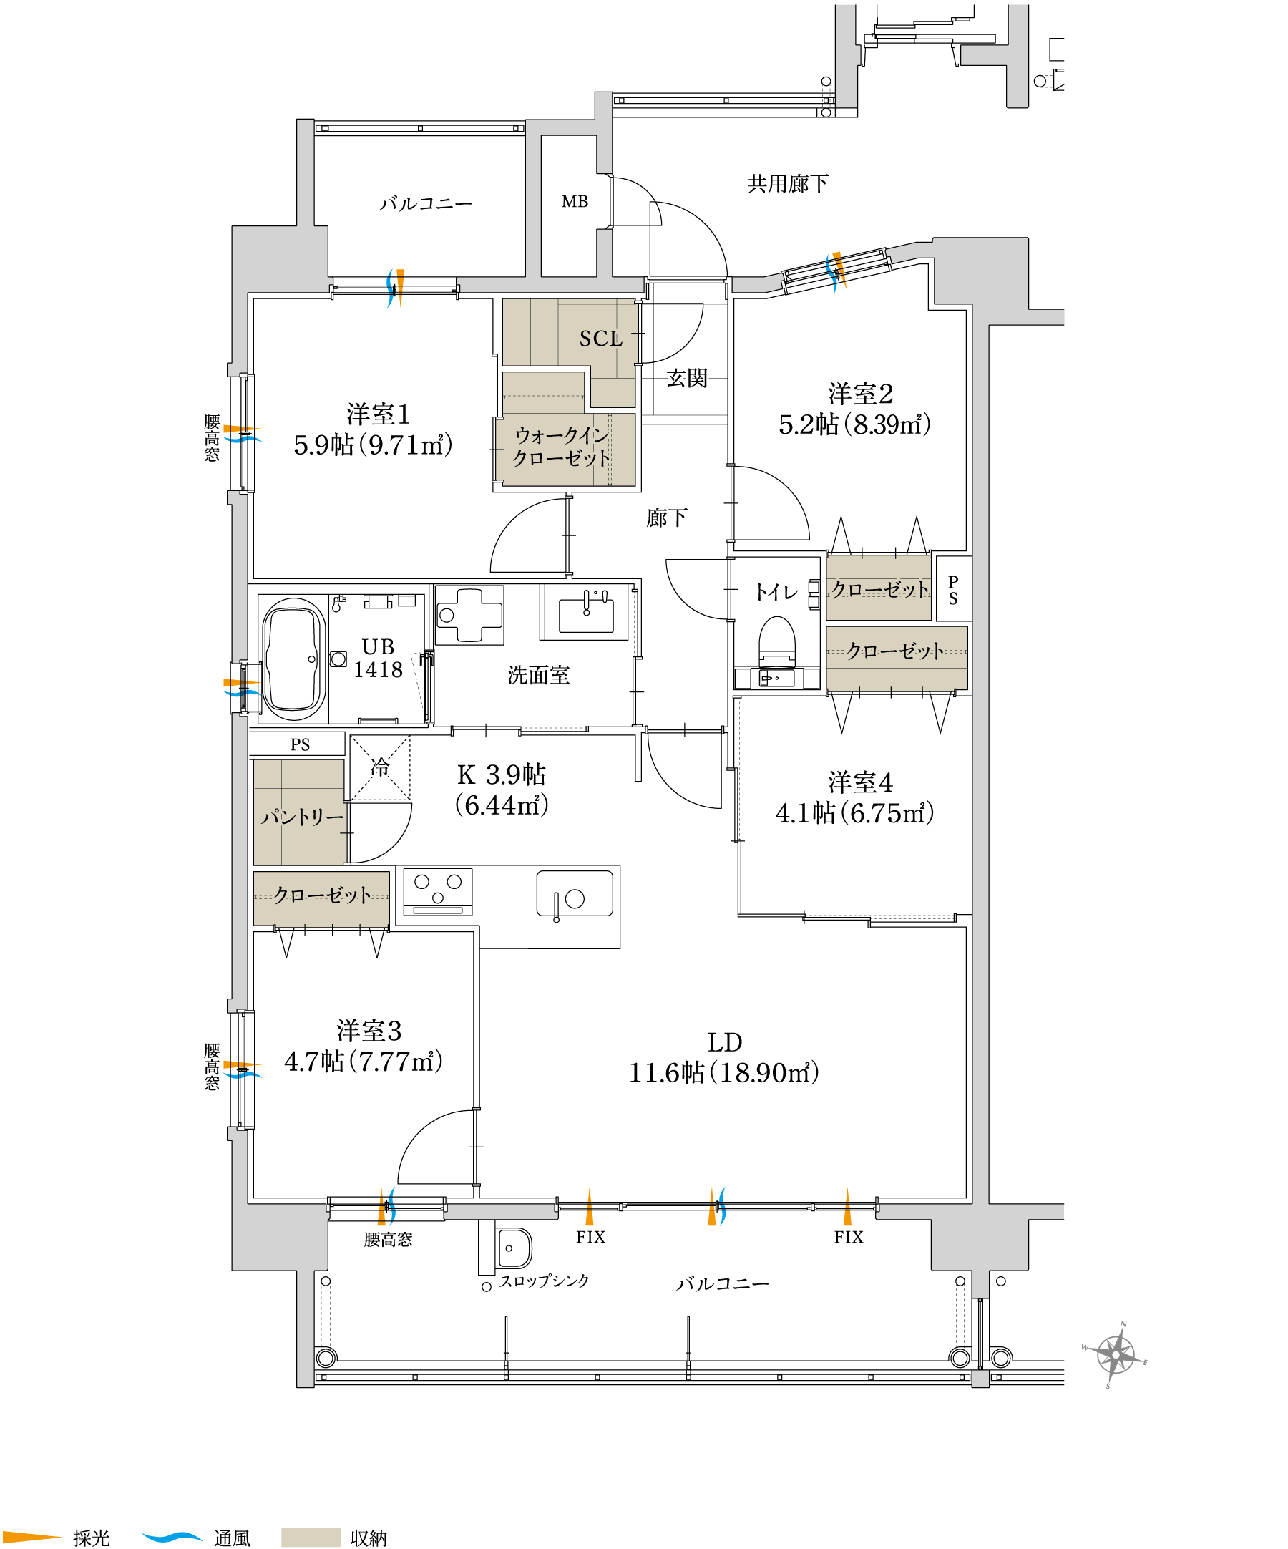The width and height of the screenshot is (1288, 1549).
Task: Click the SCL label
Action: [601, 339]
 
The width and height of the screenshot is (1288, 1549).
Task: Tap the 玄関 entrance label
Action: [686, 379]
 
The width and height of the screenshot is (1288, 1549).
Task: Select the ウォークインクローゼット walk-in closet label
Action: [562, 447]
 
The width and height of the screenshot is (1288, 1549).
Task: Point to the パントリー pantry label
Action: [302, 817]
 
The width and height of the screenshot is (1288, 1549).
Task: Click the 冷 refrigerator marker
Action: [380, 767]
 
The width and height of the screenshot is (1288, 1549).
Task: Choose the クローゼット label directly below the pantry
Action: [322, 895]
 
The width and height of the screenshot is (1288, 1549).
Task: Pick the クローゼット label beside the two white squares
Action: [880, 589]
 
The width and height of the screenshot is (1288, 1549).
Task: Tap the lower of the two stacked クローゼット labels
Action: [895, 651]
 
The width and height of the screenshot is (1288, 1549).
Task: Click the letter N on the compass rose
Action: [1123, 1324]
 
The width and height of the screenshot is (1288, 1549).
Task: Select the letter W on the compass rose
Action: [1085, 1348]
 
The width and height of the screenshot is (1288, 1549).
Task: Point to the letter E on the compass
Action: [1145, 1362]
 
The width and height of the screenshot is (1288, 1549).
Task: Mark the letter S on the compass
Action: [1108, 1386]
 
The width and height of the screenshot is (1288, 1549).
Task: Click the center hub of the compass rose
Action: [1116, 1355]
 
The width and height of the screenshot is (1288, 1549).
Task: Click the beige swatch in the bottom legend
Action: [311, 1538]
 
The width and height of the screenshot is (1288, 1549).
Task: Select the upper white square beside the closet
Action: [813, 588]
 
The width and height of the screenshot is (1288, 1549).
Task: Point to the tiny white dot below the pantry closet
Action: [556, 920]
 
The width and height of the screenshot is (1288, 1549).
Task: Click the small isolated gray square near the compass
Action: [980, 1379]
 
